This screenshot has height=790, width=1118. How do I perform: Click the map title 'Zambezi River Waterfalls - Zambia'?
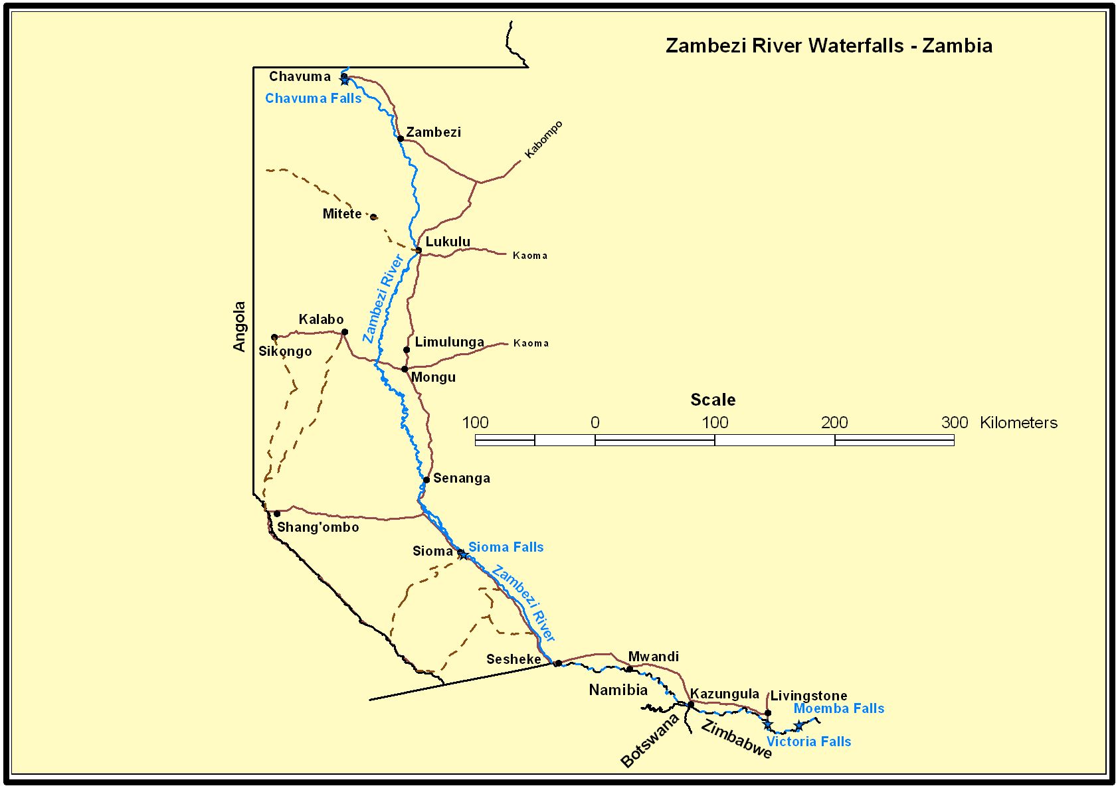828,45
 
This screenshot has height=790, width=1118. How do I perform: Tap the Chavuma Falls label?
313,98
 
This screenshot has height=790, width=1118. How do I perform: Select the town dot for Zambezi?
401,139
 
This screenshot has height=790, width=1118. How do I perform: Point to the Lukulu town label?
448,242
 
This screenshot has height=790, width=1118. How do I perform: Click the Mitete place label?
342,214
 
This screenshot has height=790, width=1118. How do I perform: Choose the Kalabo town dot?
344,332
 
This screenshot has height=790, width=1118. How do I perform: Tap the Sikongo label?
285,351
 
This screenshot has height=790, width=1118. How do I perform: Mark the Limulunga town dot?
407,350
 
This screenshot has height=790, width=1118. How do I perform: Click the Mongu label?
433,377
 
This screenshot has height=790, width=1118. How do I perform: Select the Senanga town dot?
426,480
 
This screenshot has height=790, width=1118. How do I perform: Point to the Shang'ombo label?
318,527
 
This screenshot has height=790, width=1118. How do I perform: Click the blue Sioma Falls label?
506,547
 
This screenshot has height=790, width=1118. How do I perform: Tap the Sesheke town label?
513,659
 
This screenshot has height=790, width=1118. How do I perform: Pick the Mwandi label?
654,657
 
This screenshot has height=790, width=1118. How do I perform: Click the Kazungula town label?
724,694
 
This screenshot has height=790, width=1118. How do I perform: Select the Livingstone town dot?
768,713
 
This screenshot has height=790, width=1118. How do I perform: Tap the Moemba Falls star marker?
798,726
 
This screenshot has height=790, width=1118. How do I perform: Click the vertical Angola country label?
239,326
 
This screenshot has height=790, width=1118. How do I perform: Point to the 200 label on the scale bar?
834,422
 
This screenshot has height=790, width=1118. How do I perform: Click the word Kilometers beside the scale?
1018,423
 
